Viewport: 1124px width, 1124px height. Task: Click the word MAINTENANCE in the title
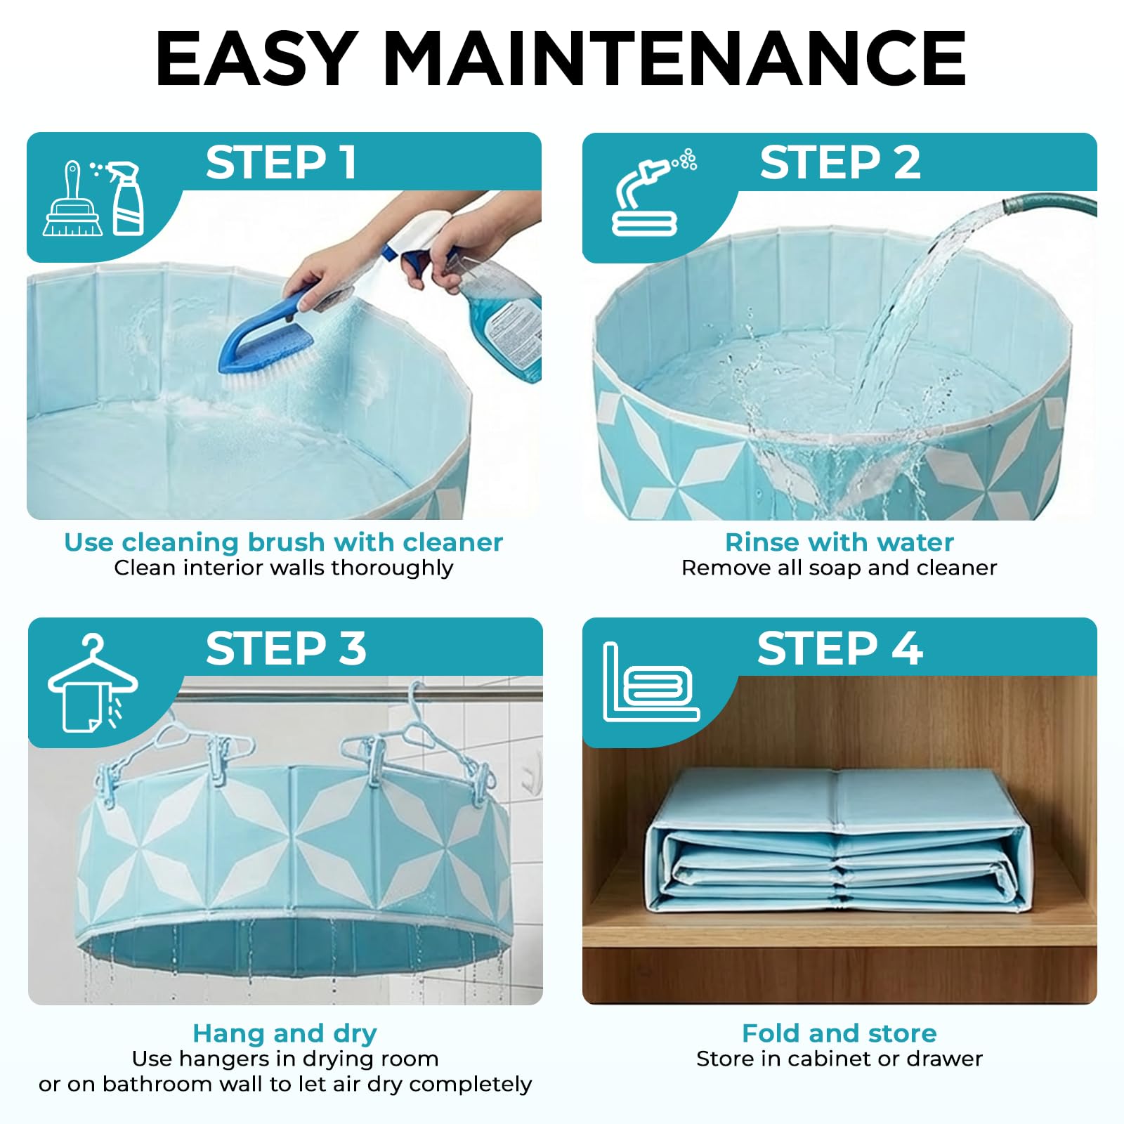(x=674, y=59)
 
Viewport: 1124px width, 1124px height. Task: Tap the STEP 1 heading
(x=281, y=163)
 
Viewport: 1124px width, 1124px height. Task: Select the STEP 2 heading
(x=840, y=163)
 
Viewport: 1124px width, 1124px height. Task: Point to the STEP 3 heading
(x=286, y=648)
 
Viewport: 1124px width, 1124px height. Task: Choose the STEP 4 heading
(x=840, y=648)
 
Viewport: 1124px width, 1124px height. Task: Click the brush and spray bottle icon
(x=93, y=198)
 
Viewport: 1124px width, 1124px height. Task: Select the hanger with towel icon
(x=92, y=683)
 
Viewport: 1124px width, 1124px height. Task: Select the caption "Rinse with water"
(x=839, y=542)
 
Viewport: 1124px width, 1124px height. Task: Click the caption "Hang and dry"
(x=285, y=1033)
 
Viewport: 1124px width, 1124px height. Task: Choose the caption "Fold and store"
(x=839, y=1033)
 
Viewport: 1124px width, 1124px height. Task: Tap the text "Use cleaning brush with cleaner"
(x=284, y=542)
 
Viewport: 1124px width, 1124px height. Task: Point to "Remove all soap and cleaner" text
(x=839, y=568)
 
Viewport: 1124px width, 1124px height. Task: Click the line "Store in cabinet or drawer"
(x=839, y=1059)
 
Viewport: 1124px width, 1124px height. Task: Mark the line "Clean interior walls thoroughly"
(x=284, y=568)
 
